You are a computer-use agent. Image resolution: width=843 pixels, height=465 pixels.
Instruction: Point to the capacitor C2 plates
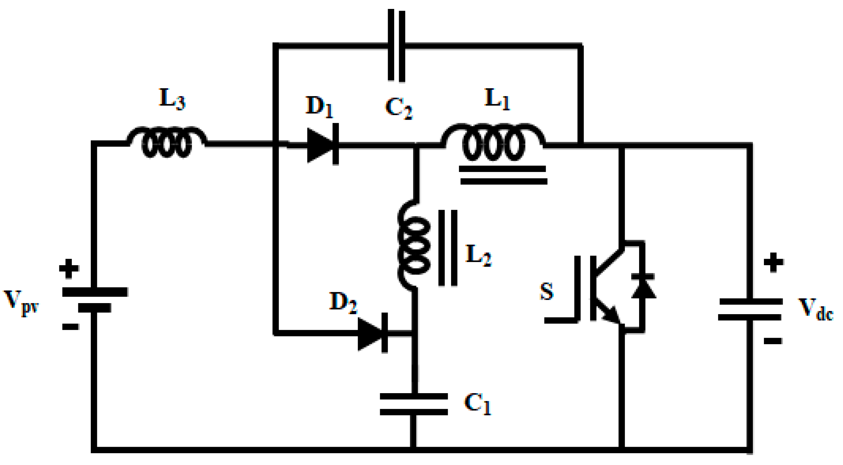click(x=396, y=46)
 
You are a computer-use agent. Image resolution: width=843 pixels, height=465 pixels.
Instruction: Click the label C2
click(x=398, y=108)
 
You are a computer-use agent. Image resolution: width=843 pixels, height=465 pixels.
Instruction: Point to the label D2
click(x=343, y=302)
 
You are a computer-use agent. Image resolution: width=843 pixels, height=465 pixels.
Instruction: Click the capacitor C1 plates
click(x=413, y=404)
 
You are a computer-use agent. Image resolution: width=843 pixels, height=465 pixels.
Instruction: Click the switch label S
click(x=546, y=291)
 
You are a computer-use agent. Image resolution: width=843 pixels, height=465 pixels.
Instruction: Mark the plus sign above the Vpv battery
click(x=69, y=268)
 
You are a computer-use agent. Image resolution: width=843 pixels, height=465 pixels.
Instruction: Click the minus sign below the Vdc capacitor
click(x=773, y=341)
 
